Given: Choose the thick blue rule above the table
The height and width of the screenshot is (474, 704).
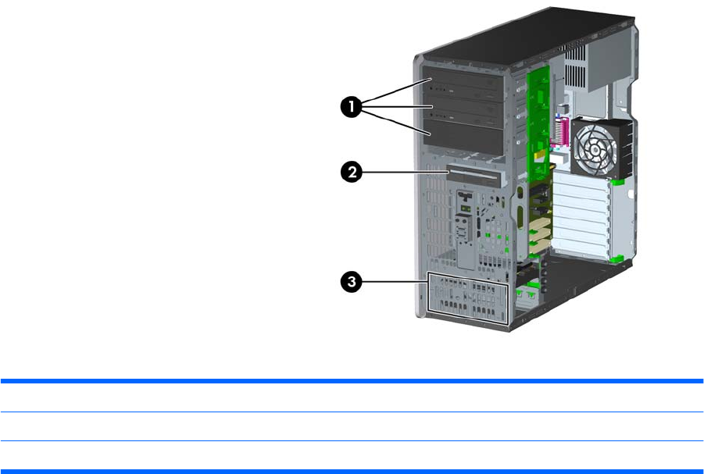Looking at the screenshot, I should coord(352,382).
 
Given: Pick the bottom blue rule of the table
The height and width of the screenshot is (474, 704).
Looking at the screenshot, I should coord(352,470).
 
